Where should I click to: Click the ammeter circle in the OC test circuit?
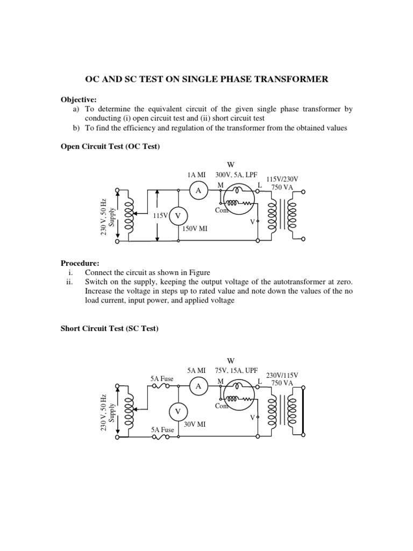point(198,190)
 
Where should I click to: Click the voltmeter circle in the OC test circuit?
point(179,216)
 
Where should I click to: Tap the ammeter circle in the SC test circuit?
point(198,386)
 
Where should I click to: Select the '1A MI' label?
point(197,175)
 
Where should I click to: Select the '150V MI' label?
point(194,229)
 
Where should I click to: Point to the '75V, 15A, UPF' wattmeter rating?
point(237,371)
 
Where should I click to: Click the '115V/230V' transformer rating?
point(282,178)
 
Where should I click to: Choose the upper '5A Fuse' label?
point(162,379)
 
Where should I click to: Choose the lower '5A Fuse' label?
point(162,430)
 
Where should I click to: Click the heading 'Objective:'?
point(77,100)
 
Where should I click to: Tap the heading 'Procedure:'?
point(80,263)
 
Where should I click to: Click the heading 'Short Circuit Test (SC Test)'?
point(109,329)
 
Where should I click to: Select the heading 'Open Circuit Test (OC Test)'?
point(110,146)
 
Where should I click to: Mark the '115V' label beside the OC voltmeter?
point(161,215)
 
